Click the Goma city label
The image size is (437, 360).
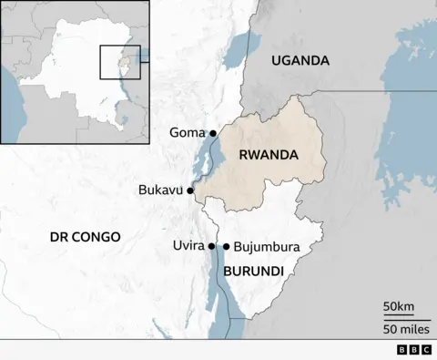187,133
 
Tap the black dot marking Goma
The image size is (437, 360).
213,133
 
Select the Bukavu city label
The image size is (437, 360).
160,190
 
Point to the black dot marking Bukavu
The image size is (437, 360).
190,190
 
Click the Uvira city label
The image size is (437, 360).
188,246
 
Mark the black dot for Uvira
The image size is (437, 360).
212,246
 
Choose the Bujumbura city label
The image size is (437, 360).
267,246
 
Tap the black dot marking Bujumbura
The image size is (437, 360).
226,246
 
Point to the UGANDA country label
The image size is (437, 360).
300,60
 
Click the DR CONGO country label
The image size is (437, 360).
85,236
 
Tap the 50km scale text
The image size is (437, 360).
398,304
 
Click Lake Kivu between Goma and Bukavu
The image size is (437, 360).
205,164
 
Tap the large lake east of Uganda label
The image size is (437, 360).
410,137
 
